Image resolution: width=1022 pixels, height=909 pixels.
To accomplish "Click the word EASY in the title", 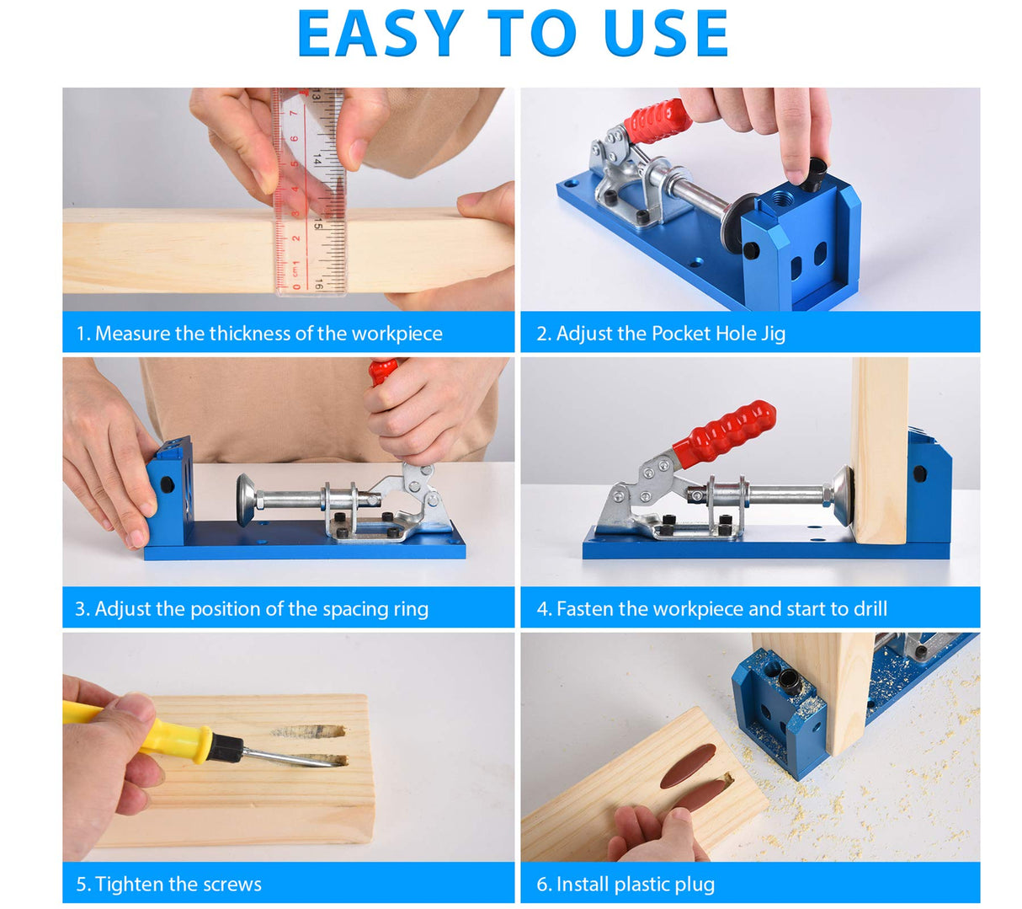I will pyautogui.click(x=381, y=34).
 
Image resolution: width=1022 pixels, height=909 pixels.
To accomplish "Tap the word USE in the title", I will pyautogui.click(x=665, y=34).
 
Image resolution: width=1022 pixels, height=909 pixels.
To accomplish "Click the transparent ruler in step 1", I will pyautogui.click(x=311, y=194).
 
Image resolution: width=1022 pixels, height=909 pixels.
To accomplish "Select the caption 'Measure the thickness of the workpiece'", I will pyautogui.click(x=259, y=334).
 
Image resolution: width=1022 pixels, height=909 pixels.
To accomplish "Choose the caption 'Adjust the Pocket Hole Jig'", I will pyautogui.click(x=661, y=334).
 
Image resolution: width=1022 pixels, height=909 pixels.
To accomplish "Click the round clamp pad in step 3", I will pyautogui.click(x=247, y=499).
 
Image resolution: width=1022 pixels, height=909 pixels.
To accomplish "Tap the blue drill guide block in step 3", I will pyautogui.click(x=171, y=492).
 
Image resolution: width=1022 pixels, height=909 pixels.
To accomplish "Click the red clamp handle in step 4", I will pyautogui.click(x=723, y=433).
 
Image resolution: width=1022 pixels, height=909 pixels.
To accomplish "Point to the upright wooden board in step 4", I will pyautogui.click(x=879, y=450).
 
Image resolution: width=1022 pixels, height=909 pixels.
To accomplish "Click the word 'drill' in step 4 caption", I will pyautogui.click(x=866, y=609).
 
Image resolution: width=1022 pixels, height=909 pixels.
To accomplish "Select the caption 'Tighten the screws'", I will pyautogui.click(x=168, y=885).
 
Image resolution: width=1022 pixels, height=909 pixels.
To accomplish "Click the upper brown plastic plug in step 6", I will pyautogui.click(x=688, y=766).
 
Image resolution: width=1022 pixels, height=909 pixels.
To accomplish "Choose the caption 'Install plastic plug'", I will pyautogui.click(x=625, y=885).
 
